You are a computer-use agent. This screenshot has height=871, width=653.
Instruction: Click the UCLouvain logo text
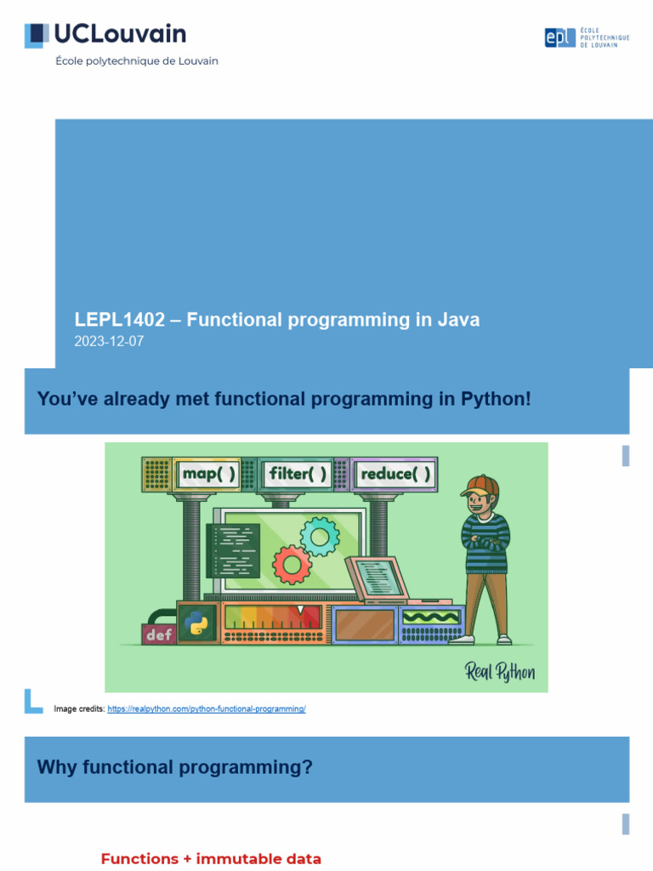pos(119,34)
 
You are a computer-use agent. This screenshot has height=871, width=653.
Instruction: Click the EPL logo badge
pos(559,37)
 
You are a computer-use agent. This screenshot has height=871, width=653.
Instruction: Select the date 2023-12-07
pos(110,342)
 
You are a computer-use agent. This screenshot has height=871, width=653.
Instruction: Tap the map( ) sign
pos(207,474)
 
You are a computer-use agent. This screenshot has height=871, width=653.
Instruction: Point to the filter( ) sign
pos(298,474)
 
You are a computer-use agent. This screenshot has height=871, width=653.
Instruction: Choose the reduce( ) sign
pos(395,474)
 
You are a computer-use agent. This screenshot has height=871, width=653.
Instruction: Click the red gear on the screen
pos(292,563)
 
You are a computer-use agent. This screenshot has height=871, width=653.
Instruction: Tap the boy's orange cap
pos(480,487)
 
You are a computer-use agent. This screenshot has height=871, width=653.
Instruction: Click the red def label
pos(158,634)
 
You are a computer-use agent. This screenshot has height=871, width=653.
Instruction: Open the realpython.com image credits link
pos(207,709)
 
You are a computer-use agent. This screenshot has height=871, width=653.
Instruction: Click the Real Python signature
pos(500,672)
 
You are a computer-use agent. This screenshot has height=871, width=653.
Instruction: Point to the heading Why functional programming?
pos(175,767)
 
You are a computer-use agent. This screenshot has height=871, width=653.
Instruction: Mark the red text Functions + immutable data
pos(211,859)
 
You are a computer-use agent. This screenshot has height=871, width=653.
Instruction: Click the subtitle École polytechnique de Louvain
pos(137,61)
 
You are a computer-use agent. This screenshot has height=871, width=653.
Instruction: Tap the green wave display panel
pos(431,617)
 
